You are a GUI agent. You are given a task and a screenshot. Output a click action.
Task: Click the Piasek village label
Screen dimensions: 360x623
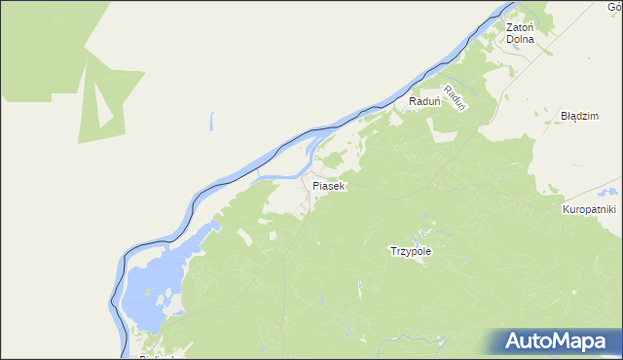coord(329,185)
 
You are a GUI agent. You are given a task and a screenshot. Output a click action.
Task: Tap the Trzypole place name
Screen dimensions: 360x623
coord(410,251)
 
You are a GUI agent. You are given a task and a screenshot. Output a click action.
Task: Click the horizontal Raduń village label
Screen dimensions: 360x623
coord(425,100)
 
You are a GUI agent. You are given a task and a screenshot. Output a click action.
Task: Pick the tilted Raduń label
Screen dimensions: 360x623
coord(458,97)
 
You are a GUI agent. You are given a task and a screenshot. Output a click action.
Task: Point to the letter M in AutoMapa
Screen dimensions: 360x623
coord(562,342)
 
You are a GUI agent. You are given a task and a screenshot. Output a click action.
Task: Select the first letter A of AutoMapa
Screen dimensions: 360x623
coord(514,342)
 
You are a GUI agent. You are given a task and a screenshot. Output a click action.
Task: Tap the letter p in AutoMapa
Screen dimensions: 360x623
coord(594,343)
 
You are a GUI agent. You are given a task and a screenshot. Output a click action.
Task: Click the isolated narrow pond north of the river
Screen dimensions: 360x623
coord(209,123)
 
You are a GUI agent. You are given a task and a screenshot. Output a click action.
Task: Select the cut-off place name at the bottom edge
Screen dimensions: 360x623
coord(156,356)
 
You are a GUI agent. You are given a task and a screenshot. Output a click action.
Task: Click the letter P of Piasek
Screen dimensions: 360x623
coord(315,185)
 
